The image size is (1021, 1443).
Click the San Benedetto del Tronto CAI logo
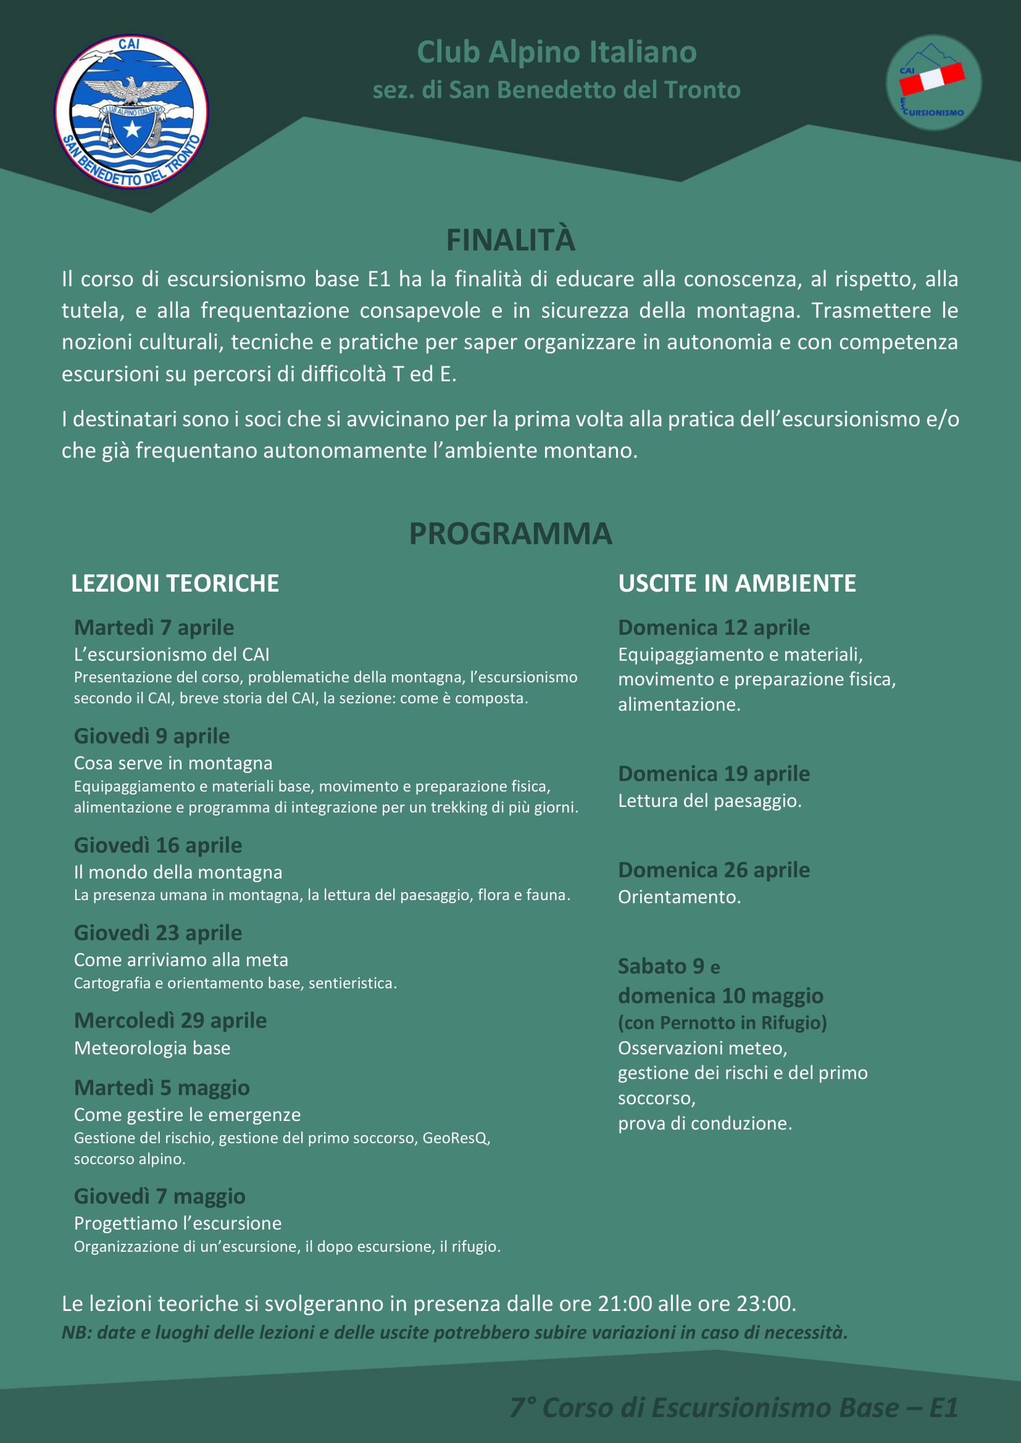[x=131, y=112]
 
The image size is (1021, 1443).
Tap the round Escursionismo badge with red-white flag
[x=933, y=82]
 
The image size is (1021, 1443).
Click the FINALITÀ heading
[x=511, y=240]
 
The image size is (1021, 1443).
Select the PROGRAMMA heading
[x=511, y=534]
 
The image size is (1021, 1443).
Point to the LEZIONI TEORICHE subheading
[x=175, y=583]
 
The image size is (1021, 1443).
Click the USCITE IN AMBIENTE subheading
[x=737, y=583]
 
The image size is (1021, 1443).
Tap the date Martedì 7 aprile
[x=154, y=627]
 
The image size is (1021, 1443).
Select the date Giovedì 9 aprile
[x=151, y=736]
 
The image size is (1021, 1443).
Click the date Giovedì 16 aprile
[x=158, y=845]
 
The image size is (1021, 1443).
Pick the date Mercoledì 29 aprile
[x=170, y=1020]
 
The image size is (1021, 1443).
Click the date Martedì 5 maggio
[x=162, y=1087]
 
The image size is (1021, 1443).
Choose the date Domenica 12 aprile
[x=714, y=627]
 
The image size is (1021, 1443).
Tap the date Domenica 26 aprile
[x=714, y=870]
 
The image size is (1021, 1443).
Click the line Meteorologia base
[x=152, y=1048]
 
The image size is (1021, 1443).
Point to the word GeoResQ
[x=456, y=1138]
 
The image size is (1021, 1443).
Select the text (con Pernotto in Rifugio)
[x=722, y=1022]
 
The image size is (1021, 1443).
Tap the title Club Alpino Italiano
[x=556, y=52]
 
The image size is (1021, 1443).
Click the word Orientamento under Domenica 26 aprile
[x=678, y=897]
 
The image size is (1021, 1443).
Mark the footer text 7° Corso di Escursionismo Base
[x=704, y=1408]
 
